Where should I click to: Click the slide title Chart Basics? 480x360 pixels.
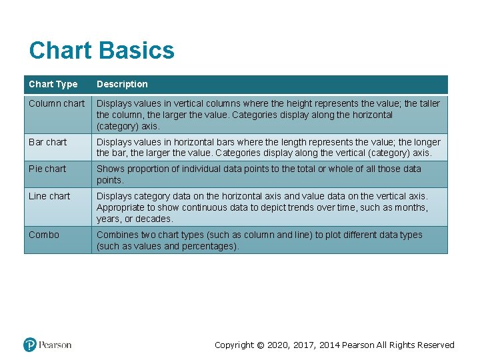coord(101,51)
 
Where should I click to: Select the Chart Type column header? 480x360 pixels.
coord(53,84)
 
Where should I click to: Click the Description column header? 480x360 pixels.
coord(122,84)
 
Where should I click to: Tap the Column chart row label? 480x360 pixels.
coord(57,103)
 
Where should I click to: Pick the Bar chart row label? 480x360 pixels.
coord(47,142)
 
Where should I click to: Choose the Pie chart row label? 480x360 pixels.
coord(47,169)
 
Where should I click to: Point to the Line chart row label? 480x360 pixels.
coord(49,196)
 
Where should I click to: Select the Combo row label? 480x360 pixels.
coord(44,235)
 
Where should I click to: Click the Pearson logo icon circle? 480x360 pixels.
coord(30,345)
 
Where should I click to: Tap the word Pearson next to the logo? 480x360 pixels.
coord(55,345)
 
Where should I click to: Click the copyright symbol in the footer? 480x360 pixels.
coord(261,345)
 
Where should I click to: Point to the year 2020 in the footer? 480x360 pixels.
coord(279,345)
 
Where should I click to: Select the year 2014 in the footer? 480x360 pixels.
coord(329,345)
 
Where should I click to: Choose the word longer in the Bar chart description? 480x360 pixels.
coord(427,142)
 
